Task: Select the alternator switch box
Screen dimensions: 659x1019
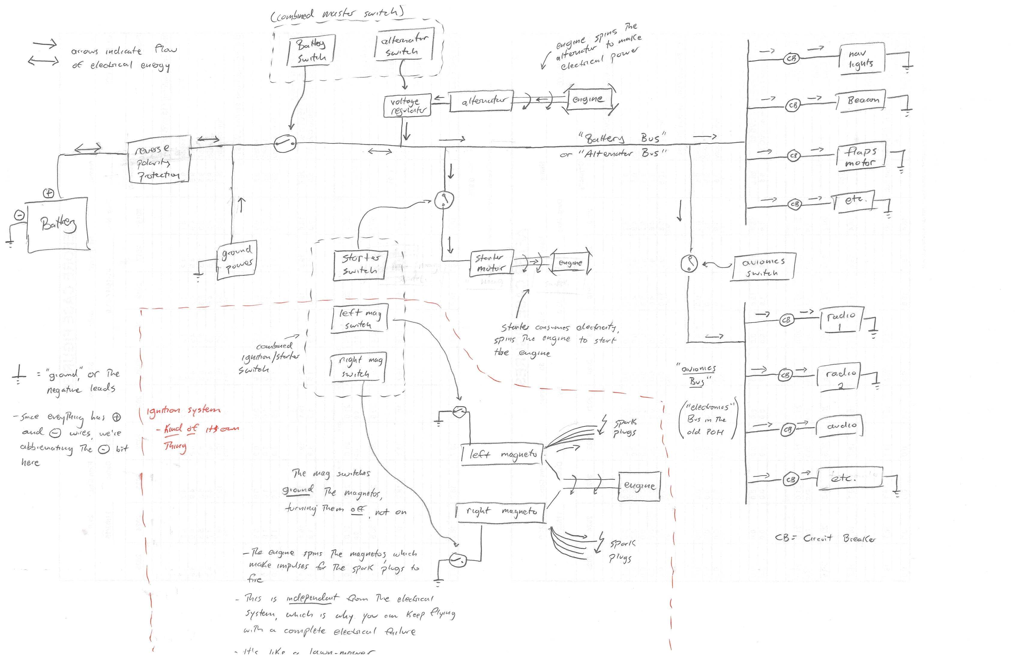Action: pyautogui.click(x=404, y=45)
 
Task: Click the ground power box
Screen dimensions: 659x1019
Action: pyautogui.click(x=237, y=260)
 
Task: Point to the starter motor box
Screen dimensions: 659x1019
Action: pyautogui.click(x=491, y=263)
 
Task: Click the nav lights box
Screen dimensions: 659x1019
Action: pyautogui.click(x=861, y=58)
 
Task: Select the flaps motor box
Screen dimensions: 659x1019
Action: pyautogui.click(x=860, y=157)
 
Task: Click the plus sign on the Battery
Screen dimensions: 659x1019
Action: pyautogui.click(x=49, y=193)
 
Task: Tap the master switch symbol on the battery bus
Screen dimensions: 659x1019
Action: pyautogui.click(x=284, y=143)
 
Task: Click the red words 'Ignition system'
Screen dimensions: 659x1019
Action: pyautogui.click(x=183, y=411)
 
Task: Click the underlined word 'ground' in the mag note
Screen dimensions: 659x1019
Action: pyautogui.click(x=298, y=490)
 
